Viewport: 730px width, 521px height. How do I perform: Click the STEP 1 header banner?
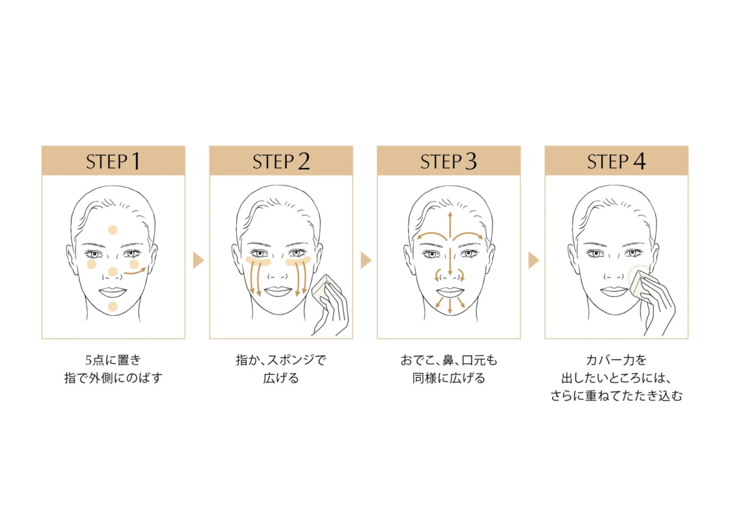point(113,161)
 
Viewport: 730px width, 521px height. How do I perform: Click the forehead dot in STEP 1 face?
point(113,230)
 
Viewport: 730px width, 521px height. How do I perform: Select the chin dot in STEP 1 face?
point(113,307)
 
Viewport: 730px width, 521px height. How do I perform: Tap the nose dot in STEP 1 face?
point(113,272)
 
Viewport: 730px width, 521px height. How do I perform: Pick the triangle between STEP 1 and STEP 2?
point(198,260)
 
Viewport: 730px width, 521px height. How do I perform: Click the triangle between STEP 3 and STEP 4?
point(534,260)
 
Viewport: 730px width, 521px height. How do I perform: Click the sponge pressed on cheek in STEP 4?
point(641,281)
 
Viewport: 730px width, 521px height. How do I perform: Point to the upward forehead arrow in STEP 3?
point(449,225)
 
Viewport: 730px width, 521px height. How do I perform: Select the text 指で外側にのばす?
point(113,378)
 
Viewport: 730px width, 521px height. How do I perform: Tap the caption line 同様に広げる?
point(448,378)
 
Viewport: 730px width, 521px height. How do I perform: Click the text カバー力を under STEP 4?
point(615,360)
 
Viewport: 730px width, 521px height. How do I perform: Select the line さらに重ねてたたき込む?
point(615,395)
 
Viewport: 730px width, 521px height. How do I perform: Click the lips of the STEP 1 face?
point(113,291)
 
